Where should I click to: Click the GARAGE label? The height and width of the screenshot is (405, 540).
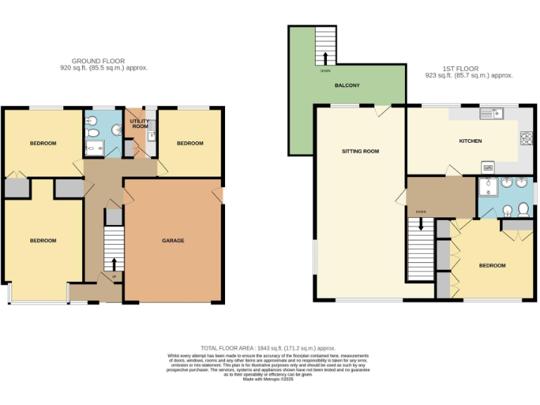tap(173, 240)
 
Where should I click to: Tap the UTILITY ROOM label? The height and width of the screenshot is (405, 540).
tap(140, 124)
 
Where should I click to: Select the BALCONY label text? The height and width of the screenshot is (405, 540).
tap(347, 86)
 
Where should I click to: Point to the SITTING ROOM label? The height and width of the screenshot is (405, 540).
tap(360, 151)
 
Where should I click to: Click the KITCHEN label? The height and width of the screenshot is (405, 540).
tap(470, 141)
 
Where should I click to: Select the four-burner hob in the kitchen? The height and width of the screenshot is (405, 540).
tap(525, 136)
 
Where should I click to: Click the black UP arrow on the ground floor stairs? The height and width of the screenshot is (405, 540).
tap(114, 263)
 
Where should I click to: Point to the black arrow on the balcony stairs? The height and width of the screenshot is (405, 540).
tap(325, 58)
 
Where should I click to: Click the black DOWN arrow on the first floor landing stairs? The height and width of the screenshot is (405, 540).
tap(420, 224)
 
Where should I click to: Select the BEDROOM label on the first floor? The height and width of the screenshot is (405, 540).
tap(492, 265)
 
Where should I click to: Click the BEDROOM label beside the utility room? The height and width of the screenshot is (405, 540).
tap(189, 143)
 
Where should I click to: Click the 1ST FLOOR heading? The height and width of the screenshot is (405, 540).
tap(461, 68)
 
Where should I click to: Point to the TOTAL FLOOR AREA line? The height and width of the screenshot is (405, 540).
tap(268, 349)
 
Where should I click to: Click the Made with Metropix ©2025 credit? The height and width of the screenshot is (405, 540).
tap(268, 380)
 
